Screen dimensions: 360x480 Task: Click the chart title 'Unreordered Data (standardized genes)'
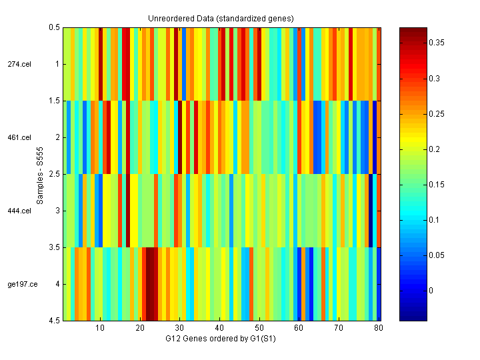click(x=221, y=18)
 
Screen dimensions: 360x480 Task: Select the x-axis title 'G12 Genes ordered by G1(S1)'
click(x=221, y=339)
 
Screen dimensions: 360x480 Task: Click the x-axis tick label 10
click(x=100, y=329)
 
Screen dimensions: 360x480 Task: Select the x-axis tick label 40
click(x=219, y=329)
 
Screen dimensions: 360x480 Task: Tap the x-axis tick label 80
click(x=379, y=329)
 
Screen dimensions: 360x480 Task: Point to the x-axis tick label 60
click(x=299, y=329)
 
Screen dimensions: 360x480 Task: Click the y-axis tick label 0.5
click(x=54, y=27)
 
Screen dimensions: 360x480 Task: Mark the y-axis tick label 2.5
click(x=54, y=174)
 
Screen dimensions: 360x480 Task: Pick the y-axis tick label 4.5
click(x=54, y=321)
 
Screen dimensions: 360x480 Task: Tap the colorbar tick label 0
click(x=435, y=291)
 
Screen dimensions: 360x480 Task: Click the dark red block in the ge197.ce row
click(x=151, y=284)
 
